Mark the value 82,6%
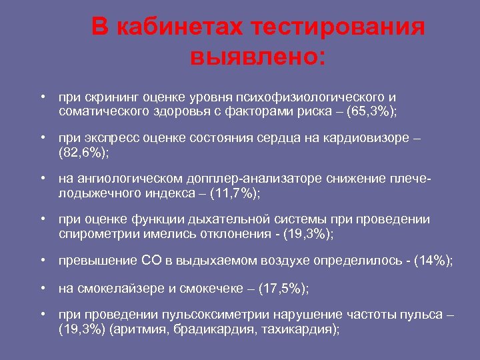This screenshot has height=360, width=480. [83, 152]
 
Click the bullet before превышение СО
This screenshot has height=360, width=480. [42, 260]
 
